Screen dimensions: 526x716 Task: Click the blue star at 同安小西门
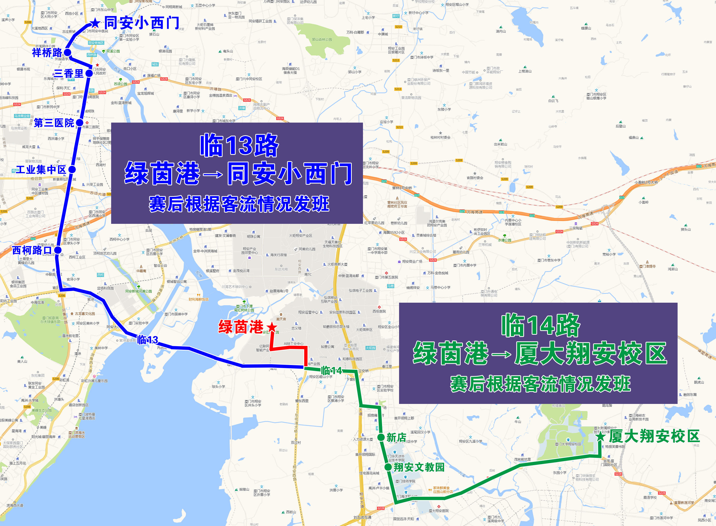(x=95, y=23)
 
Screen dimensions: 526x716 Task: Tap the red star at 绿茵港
(x=272, y=327)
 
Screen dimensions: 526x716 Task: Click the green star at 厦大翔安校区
(x=601, y=436)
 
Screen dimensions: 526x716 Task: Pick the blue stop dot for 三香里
(x=89, y=74)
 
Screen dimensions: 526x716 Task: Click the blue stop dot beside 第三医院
(x=80, y=123)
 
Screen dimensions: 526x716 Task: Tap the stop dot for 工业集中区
(x=72, y=169)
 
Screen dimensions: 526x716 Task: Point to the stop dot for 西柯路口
(x=58, y=250)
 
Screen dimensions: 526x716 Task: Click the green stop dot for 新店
(x=381, y=437)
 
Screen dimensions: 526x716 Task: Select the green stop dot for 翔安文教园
(x=388, y=467)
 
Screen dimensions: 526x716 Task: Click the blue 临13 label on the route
(x=148, y=340)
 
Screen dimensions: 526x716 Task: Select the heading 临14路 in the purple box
(x=540, y=325)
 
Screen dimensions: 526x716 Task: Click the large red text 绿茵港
(x=241, y=327)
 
